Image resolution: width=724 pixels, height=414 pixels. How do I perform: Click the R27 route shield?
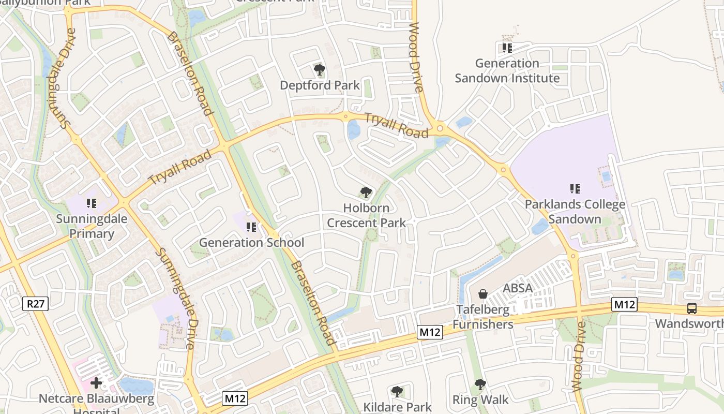pos(35,304)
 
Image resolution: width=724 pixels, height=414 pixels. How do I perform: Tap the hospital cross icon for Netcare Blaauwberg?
pos(96,383)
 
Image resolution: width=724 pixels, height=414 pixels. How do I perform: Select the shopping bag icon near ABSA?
pos(482,294)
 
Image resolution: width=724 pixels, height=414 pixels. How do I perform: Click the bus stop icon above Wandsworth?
pos(691,308)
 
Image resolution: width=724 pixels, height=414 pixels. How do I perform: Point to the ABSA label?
pos(517,288)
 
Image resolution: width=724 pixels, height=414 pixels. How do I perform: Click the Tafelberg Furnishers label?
pos(483,317)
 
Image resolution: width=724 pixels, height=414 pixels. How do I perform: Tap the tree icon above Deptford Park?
pos(319,69)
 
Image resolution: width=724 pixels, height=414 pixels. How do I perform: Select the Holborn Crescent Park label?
pos(366,215)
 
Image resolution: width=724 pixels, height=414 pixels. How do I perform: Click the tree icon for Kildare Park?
pos(397,391)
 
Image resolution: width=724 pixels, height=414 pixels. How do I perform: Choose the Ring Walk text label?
pos(480,400)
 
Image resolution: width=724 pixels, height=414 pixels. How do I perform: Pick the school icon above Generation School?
pos(251,227)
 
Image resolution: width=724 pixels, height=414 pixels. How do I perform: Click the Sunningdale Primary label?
pos(92,226)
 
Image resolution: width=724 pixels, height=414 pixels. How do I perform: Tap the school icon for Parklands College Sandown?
pos(574,189)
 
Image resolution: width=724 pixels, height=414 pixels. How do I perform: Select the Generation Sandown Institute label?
pos(507,71)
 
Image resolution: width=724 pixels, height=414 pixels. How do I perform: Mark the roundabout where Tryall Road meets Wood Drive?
pos(440,128)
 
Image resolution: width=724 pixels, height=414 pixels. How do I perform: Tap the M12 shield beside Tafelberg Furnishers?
pos(430,332)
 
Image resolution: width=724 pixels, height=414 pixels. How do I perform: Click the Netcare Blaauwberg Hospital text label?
pos(97,403)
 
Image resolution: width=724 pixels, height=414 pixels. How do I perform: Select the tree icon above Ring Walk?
pos(480,385)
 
